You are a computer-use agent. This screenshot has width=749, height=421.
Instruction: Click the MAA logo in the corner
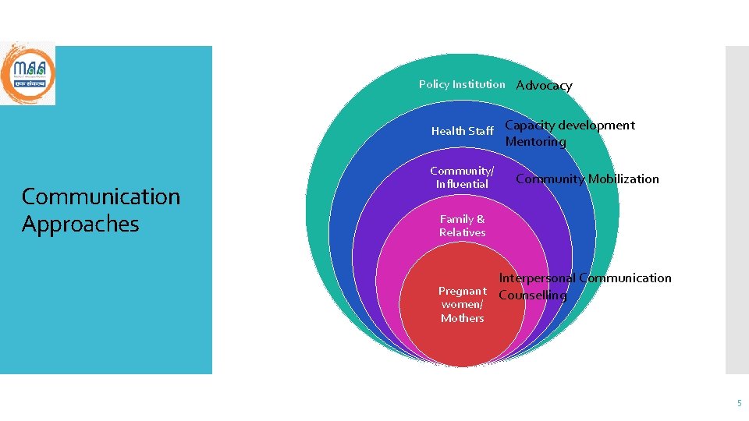28,73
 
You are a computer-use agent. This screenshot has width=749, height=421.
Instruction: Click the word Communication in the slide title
101,196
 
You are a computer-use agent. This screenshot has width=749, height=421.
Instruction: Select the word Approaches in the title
80,225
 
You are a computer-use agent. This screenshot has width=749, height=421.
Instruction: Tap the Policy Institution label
462,84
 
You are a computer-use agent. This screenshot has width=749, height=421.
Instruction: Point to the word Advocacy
544,86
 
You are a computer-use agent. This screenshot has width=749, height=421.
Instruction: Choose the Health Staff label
462,131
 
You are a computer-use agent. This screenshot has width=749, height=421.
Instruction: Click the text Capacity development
570,125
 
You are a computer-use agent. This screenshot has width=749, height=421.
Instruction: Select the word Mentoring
535,142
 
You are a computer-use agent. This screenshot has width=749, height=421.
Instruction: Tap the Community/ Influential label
462,177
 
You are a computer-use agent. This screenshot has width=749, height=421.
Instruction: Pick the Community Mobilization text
587,179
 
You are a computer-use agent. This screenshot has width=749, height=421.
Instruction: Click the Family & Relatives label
462,225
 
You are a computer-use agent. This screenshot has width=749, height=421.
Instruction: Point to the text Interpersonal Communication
584,278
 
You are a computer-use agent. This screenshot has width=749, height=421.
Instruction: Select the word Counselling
532,295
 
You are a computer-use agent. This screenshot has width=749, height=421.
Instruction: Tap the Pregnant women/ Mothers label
462,304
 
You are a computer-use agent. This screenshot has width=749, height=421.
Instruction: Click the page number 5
739,403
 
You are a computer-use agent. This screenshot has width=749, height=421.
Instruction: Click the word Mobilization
623,179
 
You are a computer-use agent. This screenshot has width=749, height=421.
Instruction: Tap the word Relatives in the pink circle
462,232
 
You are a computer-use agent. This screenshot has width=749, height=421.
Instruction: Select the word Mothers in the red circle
462,318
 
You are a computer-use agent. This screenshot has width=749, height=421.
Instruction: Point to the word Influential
462,184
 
